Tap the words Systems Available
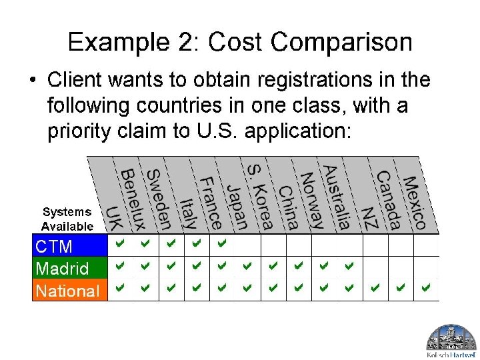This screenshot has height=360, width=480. pos(68,219)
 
